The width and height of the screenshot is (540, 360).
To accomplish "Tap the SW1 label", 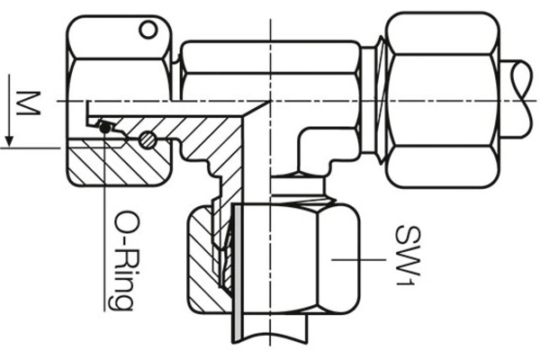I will click(400, 256).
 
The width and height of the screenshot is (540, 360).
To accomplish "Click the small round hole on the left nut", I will click(146, 33).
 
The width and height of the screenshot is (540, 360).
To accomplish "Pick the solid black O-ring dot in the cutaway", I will click(106, 128).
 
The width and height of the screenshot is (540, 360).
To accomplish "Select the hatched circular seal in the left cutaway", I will click(148, 140).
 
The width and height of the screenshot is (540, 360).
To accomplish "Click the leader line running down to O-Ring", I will click(104, 225).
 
